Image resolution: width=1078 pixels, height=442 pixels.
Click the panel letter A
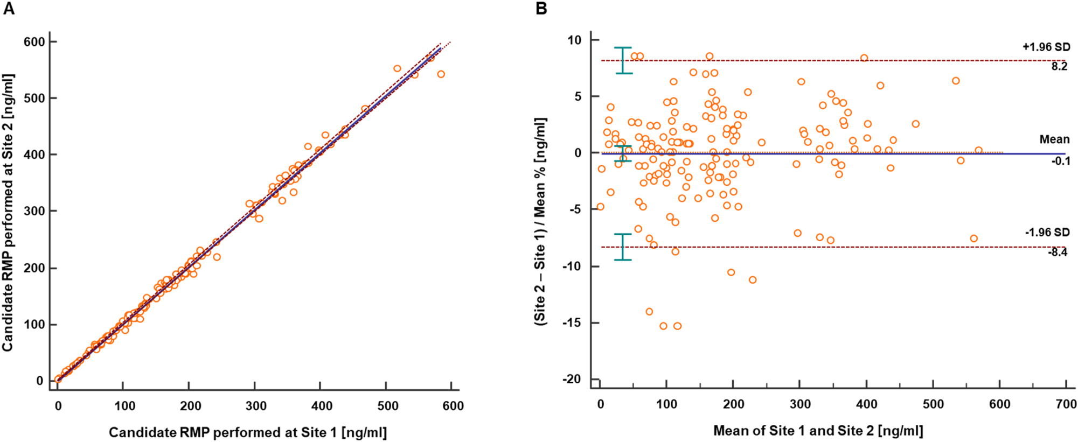pos(9,9)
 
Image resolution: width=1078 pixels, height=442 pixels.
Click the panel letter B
pos(541,9)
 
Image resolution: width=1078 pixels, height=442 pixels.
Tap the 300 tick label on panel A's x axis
pos(256,406)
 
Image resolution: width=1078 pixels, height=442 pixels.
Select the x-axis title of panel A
pos(248,432)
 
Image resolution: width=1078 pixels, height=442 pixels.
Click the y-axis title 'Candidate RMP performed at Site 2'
pos(8,213)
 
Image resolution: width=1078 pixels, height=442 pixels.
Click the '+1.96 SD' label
pos(1046,47)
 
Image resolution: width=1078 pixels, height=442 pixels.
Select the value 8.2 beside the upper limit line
pos(1059,66)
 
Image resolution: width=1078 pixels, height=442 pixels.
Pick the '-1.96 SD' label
pos(1047,233)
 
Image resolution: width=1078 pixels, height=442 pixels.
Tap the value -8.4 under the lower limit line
pos(1058,252)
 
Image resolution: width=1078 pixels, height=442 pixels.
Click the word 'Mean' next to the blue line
pos(1054,139)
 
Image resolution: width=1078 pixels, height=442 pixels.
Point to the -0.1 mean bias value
pos(1060,161)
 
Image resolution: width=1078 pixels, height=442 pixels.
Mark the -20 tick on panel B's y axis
pos(572,379)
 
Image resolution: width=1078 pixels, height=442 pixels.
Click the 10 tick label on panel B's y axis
pos(574,40)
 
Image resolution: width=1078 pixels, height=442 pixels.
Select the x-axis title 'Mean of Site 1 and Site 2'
pos(818,431)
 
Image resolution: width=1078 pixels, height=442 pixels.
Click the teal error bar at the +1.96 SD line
pos(623,60)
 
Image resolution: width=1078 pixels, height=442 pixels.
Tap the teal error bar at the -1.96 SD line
pos(623,247)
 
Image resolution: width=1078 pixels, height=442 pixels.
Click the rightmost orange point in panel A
pos(441,74)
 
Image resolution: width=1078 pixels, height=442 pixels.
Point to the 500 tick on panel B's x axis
pos(933,404)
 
